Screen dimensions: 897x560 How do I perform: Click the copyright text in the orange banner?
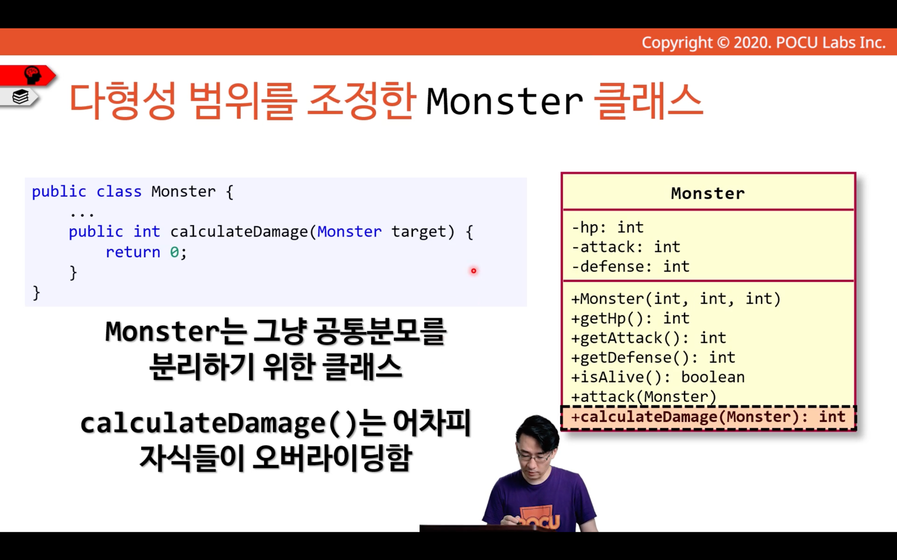[764, 43]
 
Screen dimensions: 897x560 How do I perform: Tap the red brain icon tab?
[28, 76]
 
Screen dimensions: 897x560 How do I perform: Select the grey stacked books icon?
[20, 97]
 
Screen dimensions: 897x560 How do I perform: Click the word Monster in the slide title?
[504, 101]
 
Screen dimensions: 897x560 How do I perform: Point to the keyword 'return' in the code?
[133, 252]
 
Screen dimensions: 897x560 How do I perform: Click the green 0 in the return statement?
[174, 252]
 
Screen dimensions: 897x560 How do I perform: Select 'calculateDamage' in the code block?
[239, 232]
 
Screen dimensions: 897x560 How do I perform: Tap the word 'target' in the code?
[418, 232]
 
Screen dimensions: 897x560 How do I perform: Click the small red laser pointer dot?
[474, 271]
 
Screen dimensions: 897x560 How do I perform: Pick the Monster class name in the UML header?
[708, 193]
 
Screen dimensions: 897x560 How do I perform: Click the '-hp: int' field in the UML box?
[607, 227]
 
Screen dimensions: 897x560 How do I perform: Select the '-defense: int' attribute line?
[631, 267]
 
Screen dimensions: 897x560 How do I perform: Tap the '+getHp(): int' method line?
[631, 318]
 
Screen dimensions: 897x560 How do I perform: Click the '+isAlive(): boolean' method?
[658, 377]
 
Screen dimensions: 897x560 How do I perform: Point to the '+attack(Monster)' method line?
[644, 397]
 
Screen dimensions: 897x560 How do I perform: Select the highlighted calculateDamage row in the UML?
[708, 417]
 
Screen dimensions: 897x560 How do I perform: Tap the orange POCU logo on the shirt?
[538, 519]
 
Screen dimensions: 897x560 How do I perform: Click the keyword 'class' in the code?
[119, 191]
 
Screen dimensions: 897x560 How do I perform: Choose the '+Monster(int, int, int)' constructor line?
[676, 299]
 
